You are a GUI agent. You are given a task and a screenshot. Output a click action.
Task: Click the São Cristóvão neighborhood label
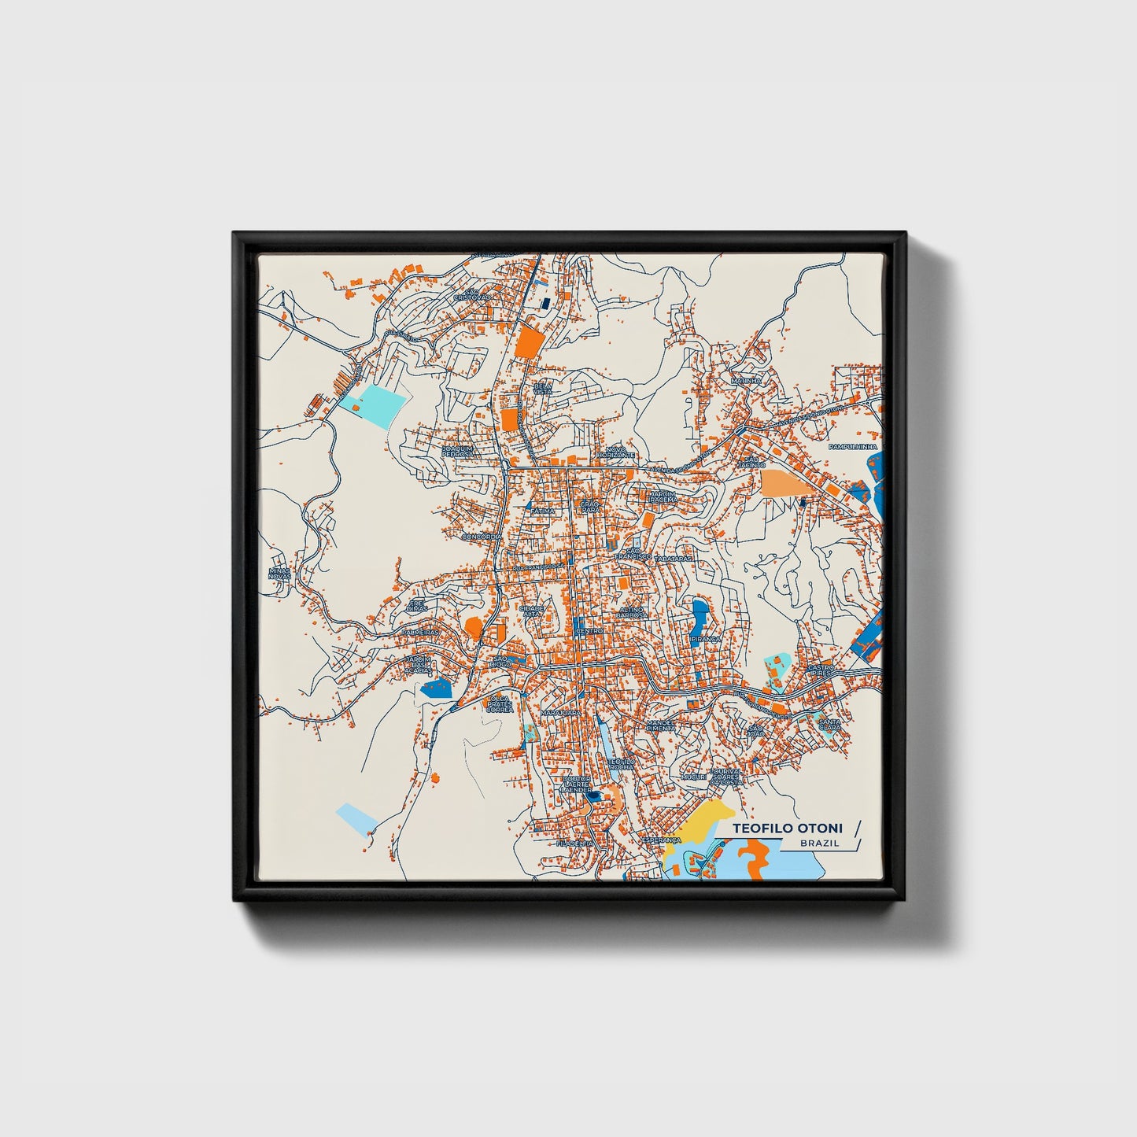coord(471,294)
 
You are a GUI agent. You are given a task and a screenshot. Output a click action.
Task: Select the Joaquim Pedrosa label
coord(457,452)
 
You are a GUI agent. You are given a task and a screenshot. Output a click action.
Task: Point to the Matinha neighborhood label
coord(746,381)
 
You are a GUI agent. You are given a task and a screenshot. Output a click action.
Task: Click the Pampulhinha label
coord(852,446)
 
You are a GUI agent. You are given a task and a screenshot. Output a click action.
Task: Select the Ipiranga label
coord(706,639)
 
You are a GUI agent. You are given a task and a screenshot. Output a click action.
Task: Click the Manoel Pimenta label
coord(661,725)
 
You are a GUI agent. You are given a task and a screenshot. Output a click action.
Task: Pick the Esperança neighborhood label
coord(661,840)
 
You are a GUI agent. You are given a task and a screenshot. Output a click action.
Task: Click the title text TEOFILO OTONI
coord(787,829)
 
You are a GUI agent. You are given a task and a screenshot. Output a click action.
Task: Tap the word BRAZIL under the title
coord(819,844)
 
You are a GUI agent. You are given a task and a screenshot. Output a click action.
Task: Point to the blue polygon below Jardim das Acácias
coord(437,689)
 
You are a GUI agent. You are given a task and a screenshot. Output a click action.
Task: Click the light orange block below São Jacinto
coord(787,482)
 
